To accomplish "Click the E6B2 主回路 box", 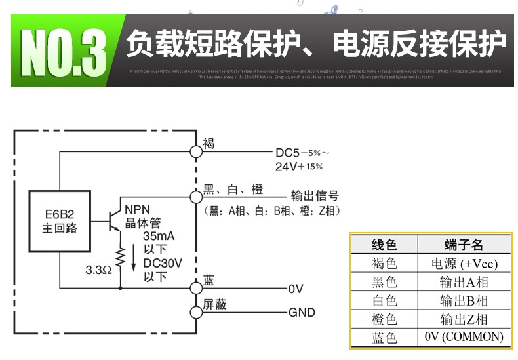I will (x=59, y=222).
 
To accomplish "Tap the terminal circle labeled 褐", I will (x=195, y=151).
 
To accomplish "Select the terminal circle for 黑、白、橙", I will (x=195, y=196).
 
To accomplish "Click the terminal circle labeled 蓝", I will (x=195, y=287).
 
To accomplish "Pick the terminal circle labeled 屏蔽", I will (x=195, y=311).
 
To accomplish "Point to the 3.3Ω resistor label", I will (x=98, y=270).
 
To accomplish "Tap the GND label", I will (x=302, y=312).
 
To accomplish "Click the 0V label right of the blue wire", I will (x=296, y=288).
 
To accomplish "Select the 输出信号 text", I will (x=315, y=196).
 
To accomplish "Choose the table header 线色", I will (x=384, y=245).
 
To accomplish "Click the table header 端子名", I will (x=464, y=245).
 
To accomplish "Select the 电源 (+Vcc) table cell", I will (x=464, y=264).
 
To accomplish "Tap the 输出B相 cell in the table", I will (x=464, y=301).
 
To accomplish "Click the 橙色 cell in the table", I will (x=384, y=319).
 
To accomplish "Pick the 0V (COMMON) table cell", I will (x=464, y=337).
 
